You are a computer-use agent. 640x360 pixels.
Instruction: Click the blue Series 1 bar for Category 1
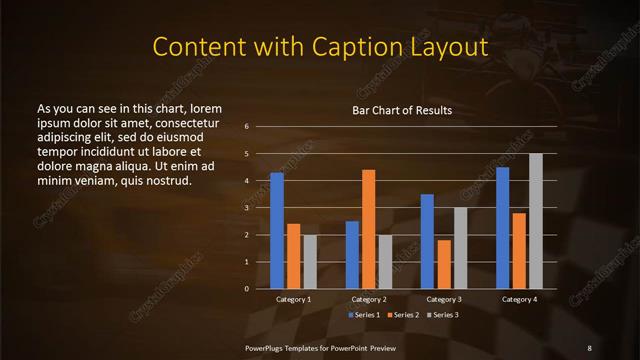(277, 230)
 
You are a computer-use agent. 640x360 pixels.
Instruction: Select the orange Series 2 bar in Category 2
(369, 229)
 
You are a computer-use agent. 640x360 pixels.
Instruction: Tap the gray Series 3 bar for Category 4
(536, 221)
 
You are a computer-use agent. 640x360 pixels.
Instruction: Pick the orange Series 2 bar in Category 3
(444, 264)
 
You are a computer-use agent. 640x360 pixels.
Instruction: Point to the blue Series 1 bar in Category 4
(503, 228)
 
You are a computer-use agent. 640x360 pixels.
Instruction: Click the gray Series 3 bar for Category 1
(310, 261)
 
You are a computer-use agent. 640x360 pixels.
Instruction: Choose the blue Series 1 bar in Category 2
(352, 254)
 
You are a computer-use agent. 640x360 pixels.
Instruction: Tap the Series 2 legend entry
(403, 315)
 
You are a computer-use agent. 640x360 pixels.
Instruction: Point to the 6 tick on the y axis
(246, 127)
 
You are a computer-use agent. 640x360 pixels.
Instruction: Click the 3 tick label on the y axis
(246, 208)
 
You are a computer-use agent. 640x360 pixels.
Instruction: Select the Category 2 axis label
(369, 299)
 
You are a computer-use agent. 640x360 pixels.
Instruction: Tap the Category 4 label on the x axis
(519, 299)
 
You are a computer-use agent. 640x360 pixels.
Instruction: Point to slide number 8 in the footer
(589, 347)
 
